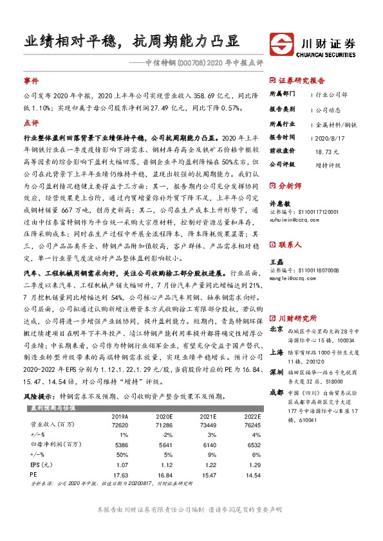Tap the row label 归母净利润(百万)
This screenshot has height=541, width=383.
[53, 444]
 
